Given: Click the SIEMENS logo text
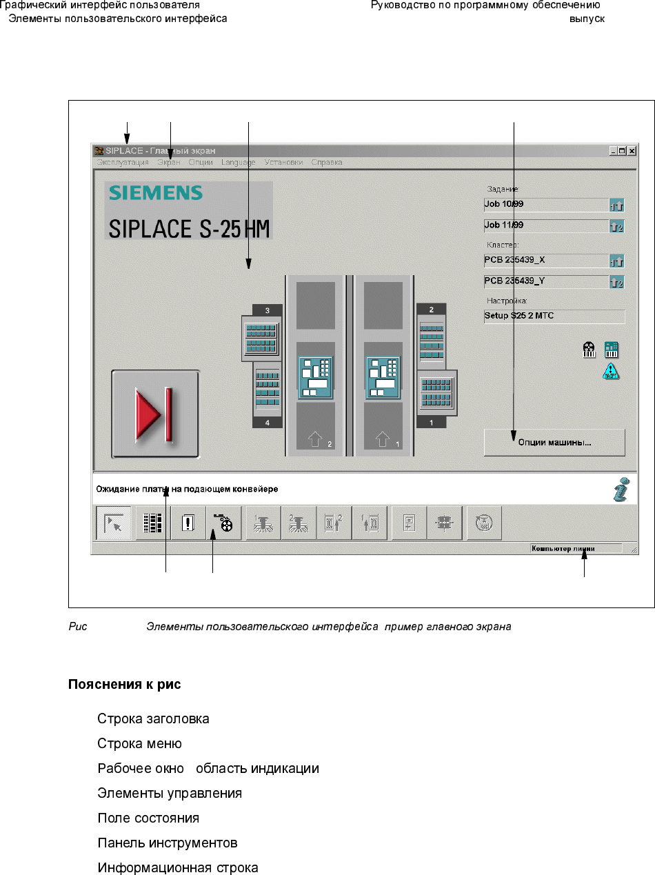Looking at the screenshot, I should (x=155, y=193).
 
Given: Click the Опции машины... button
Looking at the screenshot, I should (x=554, y=443).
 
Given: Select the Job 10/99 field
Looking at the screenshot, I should (x=545, y=205).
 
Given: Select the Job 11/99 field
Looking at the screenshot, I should (x=545, y=225).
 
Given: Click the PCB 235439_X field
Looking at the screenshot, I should (x=545, y=261).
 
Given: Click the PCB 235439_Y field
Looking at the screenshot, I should (x=545, y=281).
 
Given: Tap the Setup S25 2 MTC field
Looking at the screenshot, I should (x=554, y=316).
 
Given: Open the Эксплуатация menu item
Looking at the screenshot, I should (x=123, y=163).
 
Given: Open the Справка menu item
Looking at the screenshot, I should (x=327, y=163).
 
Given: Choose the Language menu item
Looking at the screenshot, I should (x=239, y=163).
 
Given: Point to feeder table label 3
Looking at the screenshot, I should (x=268, y=310).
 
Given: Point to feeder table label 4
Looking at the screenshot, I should (x=268, y=423).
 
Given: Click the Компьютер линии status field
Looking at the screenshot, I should (x=576, y=549).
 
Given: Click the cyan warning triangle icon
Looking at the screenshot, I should (x=611, y=372).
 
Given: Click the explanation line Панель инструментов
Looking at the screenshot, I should (x=168, y=843).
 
